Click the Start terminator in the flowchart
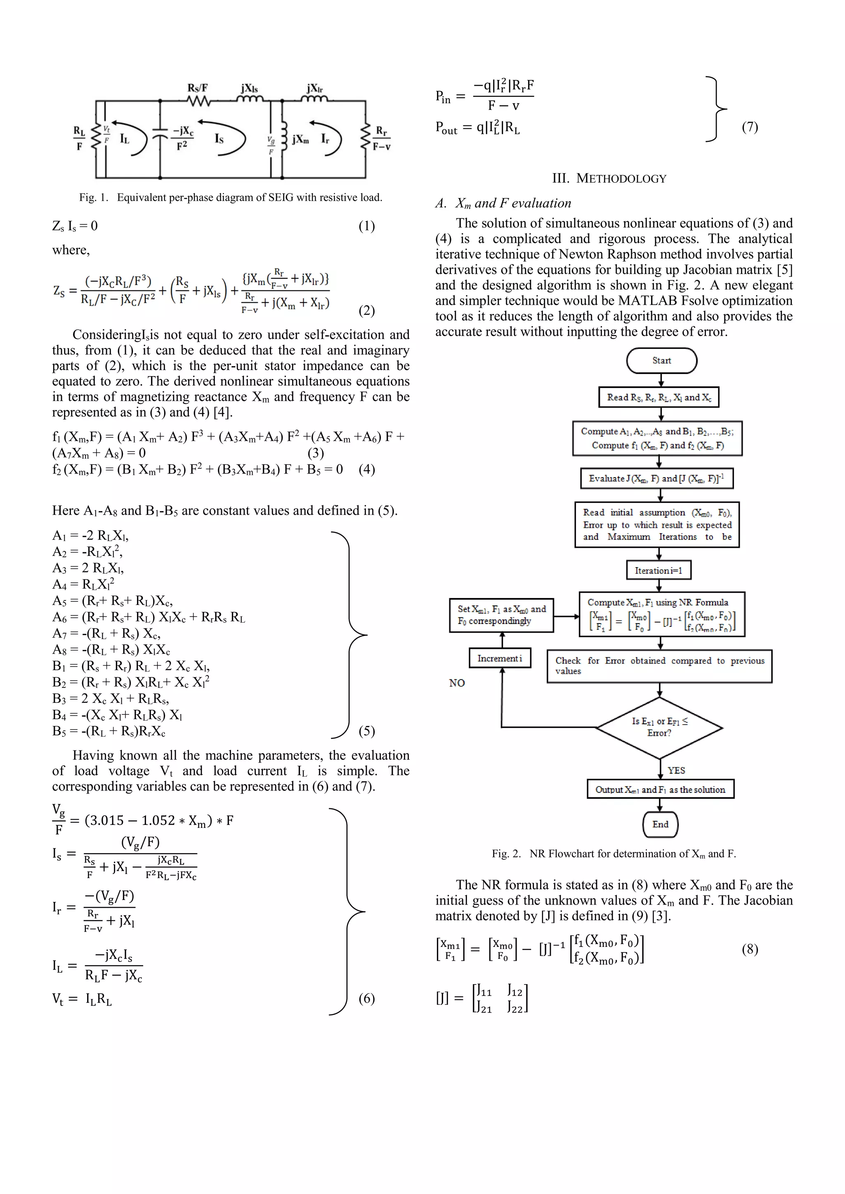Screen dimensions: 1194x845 coord(661,360)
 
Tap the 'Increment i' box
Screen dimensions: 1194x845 coord(500,658)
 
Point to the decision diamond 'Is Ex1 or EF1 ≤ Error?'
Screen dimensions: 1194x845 coord(659,727)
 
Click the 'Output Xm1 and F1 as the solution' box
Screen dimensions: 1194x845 coord(660,789)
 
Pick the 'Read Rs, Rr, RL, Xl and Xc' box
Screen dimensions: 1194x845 coord(659,397)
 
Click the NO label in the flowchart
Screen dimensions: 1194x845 coord(457,683)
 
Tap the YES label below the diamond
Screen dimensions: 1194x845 coord(676,770)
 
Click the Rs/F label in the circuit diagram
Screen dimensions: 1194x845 coord(198,88)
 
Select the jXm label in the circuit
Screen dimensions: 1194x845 coord(300,139)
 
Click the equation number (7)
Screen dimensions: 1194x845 coord(749,127)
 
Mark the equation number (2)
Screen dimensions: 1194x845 coord(366,311)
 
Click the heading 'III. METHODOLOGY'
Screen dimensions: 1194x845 coord(609,178)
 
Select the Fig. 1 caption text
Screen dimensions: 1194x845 coord(231,198)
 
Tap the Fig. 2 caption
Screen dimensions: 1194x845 coord(614,853)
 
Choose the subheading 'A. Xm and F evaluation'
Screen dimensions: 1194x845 coord(503,203)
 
